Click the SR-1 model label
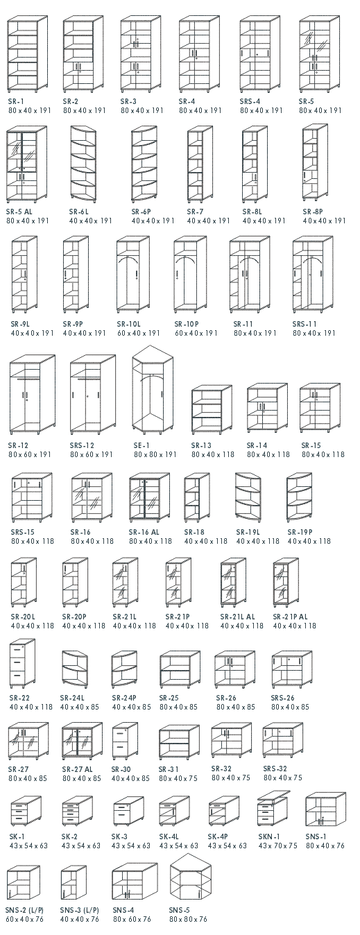(16, 101)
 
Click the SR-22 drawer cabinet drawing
(22, 663)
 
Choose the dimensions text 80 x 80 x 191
(155, 454)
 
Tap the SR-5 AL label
(19, 212)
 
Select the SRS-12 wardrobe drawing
(93, 393)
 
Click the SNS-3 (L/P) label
(79, 910)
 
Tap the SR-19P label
(300, 532)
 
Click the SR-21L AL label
(237, 617)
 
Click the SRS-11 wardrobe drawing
(313, 274)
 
